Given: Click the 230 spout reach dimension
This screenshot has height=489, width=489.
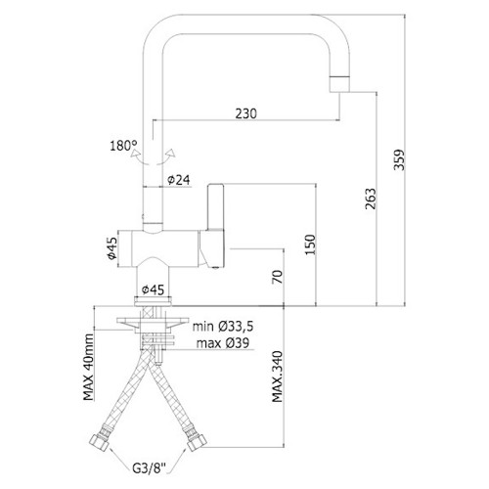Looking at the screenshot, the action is click(x=246, y=113).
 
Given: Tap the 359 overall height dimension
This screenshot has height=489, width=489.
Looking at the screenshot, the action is click(x=399, y=159).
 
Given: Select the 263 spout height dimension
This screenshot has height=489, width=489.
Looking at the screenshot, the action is click(x=371, y=199).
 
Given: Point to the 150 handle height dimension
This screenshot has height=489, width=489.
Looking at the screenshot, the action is click(x=310, y=244).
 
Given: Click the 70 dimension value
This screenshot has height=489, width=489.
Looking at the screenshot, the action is click(x=278, y=277).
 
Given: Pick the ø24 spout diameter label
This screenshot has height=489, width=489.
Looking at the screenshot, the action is click(x=179, y=180).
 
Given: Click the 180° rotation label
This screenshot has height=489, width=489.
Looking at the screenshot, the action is click(x=123, y=146).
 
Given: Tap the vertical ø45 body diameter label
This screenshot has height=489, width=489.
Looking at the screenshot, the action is click(x=111, y=248).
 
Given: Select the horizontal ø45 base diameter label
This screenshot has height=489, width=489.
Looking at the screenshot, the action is click(x=153, y=289).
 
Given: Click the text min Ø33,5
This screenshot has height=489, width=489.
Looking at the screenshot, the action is click(x=223, y=326).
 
